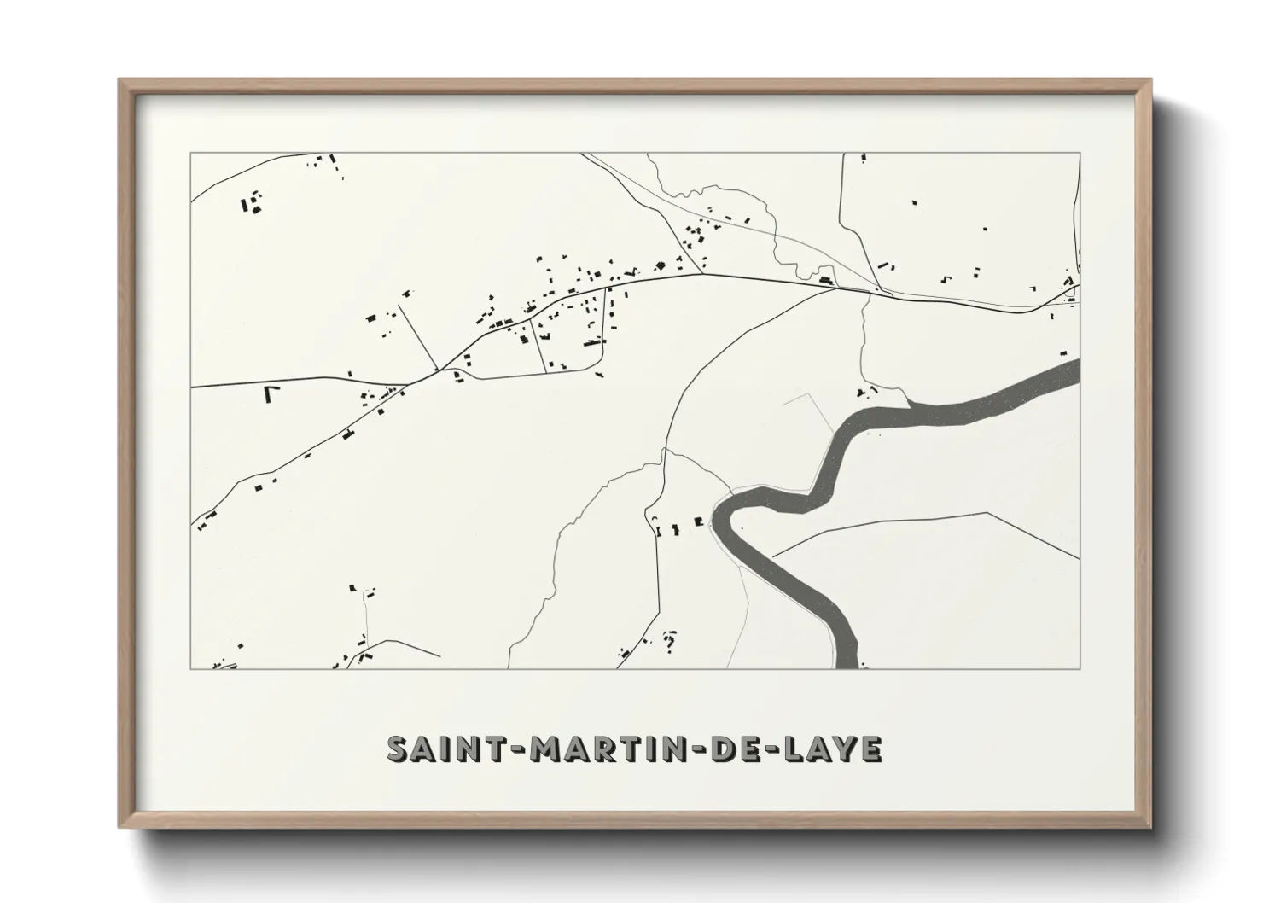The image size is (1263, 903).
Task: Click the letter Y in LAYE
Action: (x=845, y=749)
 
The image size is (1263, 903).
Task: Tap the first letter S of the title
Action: (x=399, y=749)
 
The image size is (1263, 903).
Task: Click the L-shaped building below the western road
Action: (x=271, y=393)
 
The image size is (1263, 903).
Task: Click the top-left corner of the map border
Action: (x=191, y=154)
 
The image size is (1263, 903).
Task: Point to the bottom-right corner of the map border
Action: (x=1080, y=668)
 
